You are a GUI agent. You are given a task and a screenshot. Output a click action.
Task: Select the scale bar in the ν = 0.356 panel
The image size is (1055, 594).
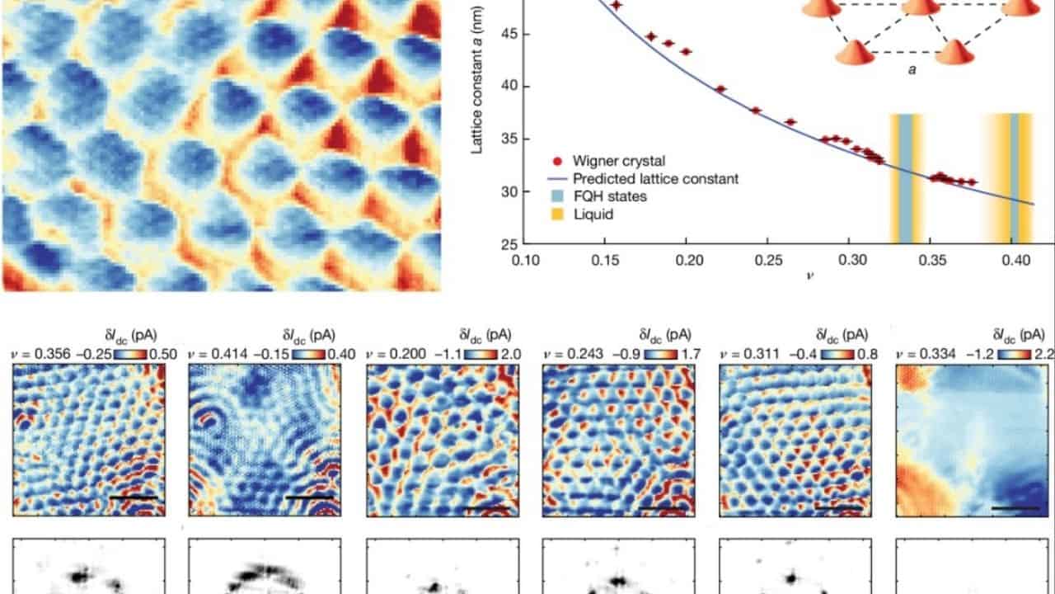[x=132, y=498]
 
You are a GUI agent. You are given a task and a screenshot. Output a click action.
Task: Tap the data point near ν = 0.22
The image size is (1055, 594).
[x=720, y=88]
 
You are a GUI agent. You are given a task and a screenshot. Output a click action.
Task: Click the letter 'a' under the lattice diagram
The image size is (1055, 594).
[x=912, y=70]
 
